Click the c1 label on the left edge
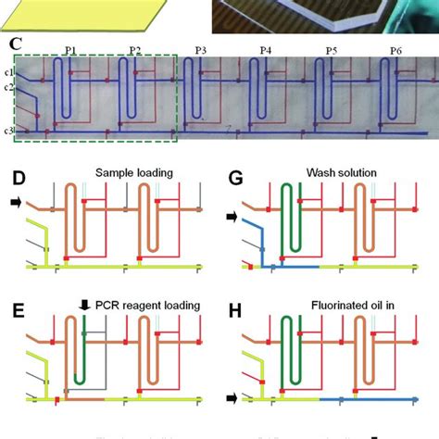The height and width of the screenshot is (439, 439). click(x=7, y=72)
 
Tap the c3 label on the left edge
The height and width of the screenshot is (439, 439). click(x=7, y=131)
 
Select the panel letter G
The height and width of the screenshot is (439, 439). click(x=235, y=172)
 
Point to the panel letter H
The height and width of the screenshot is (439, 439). click(x=235, y=304)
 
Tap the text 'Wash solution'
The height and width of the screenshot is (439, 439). click(x=355, y=172)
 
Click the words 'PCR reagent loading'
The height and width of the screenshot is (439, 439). click(x=147, y=302)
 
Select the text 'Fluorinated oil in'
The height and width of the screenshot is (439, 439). click(x=355, y=304)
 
